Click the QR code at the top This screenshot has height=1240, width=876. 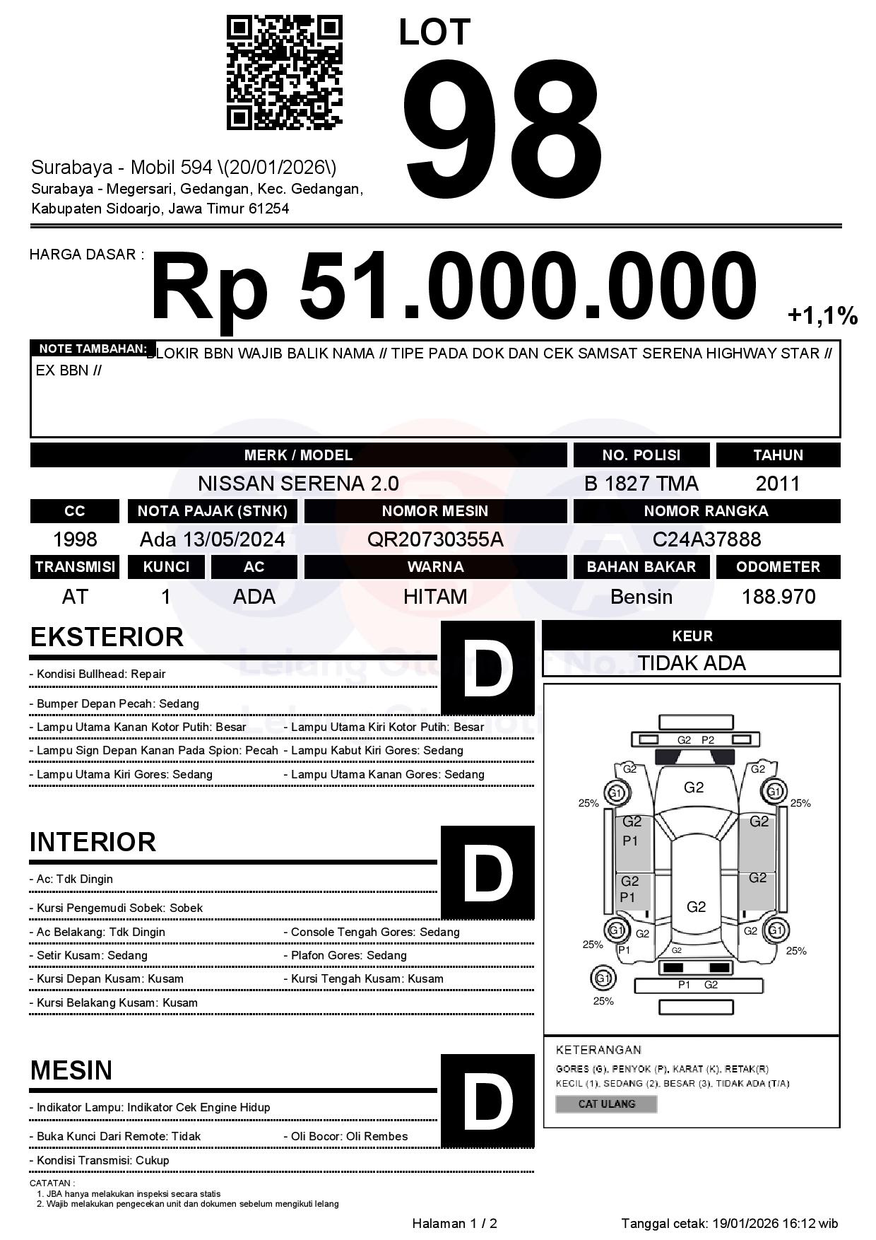284,74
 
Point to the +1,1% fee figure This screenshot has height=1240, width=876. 822,315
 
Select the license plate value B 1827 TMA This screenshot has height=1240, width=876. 641,484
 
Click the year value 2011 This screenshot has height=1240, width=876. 778,484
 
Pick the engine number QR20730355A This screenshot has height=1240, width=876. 435,539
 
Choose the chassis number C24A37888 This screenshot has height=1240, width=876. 706,539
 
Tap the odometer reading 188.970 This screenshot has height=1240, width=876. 778,597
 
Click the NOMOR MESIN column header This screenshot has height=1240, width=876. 435,510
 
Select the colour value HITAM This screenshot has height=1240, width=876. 435,597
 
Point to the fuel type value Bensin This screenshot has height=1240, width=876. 641,597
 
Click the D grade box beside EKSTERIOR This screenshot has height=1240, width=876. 487,667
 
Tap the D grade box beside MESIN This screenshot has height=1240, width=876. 487,1100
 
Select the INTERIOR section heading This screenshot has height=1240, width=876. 93,842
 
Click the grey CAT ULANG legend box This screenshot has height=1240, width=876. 606,1104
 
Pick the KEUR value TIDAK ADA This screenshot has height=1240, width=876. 692,663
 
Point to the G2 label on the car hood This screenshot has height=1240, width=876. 694,788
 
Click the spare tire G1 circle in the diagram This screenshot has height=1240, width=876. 603,978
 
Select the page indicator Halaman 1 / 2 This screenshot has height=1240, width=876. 454,1223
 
